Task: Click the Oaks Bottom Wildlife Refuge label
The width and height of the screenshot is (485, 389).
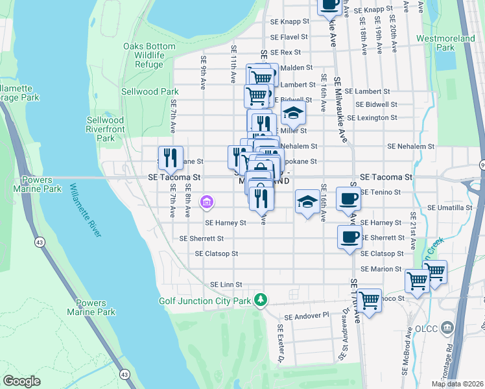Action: [149, 56]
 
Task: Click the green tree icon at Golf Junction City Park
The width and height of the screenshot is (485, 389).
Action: [261, 300]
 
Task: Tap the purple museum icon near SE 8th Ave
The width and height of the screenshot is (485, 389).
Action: [206, 203]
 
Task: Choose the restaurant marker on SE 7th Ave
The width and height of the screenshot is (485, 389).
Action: [171, 158]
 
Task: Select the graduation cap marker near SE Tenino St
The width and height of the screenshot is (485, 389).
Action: [307, 201]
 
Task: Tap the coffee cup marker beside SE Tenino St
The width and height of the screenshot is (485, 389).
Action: [348, 198]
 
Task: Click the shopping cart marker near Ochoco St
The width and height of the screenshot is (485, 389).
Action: [369, 301]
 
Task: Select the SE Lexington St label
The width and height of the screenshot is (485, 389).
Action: [372, 118]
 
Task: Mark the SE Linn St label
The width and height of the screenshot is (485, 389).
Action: [226, 285]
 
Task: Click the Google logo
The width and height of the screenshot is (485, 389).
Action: [22, 381]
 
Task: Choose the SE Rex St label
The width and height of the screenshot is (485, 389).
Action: [285, 53]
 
